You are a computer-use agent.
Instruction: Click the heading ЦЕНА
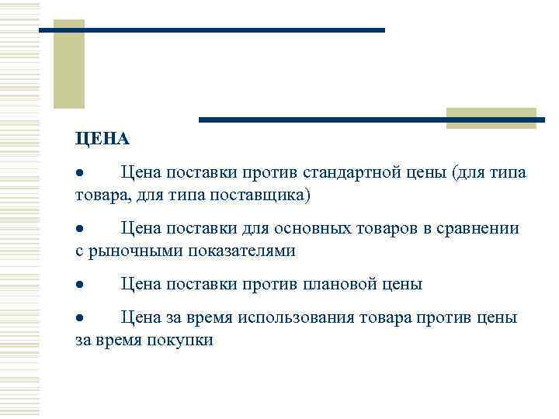[x=102, y=139]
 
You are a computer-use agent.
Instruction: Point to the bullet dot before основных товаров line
[x=79, y=230]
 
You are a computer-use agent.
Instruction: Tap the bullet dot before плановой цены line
[x=79, y=286]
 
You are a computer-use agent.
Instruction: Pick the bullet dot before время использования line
[x=79, y=319]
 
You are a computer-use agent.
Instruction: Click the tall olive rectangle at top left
[x=68, y=64]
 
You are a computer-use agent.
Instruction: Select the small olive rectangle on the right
[x=491, y=118]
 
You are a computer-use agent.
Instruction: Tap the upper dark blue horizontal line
[x=211, y=30]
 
